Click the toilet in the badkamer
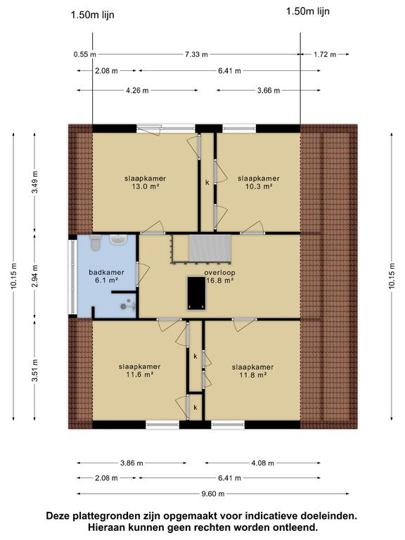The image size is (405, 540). click(95, 243)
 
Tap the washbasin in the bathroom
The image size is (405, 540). click(118, 239)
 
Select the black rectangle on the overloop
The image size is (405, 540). click(197, 293)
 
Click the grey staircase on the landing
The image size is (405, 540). click(210, 248)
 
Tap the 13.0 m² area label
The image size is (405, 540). click(145, 186)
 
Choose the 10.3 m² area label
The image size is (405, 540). click(259, 186)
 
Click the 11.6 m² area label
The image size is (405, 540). click(139, 375)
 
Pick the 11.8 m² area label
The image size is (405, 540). click(253, 375)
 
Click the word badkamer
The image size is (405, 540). click(106, 272)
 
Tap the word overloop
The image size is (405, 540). click(219, 272)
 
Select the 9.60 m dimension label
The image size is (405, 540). click(213, 494)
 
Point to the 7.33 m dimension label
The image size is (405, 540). click(196, 54)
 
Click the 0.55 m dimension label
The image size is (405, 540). click(84, 54)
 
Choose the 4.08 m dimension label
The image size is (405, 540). click(262, 463)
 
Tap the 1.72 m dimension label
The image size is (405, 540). click(325, 54)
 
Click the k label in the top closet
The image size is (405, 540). click(207, 183)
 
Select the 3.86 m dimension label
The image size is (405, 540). click(131, 463)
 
